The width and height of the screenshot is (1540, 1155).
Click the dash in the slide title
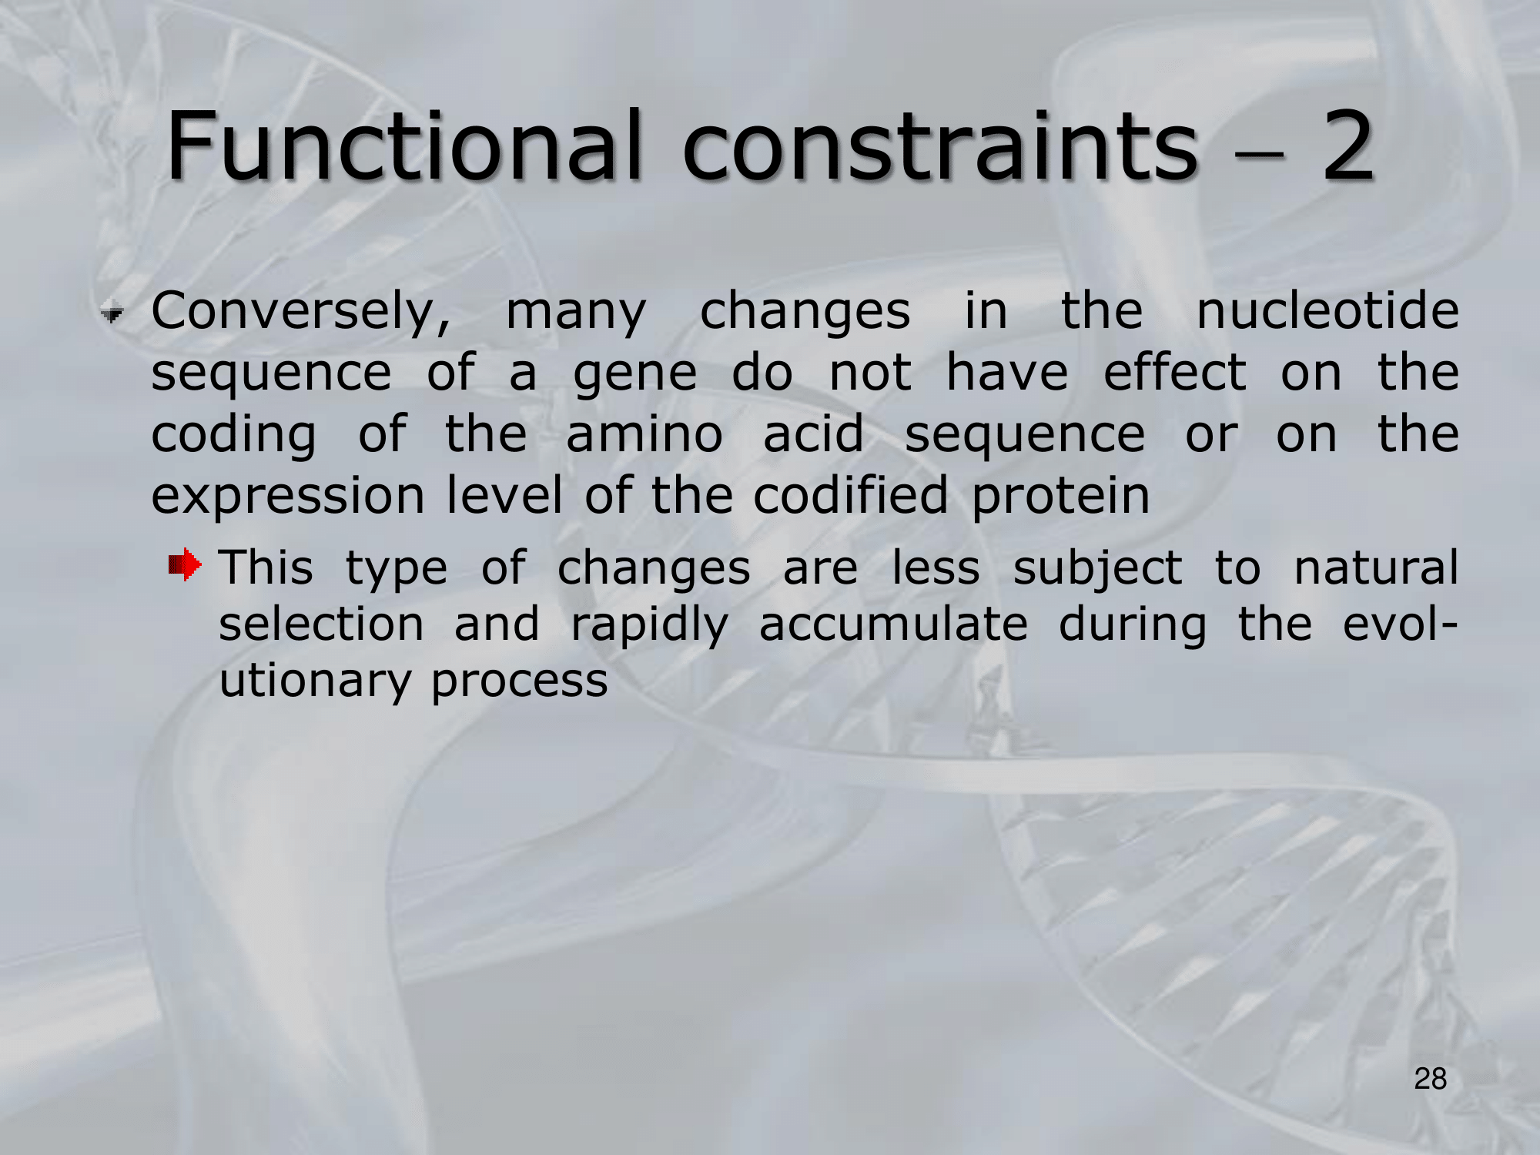coord(1260,152)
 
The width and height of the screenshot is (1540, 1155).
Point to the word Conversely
coord(301,313)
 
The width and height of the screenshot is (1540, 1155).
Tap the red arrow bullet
coord(185,564)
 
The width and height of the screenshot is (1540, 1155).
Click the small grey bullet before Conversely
coord(112,313)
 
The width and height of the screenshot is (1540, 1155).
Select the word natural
coord(1376,568)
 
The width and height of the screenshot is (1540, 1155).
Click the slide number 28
coord(1431,1079)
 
